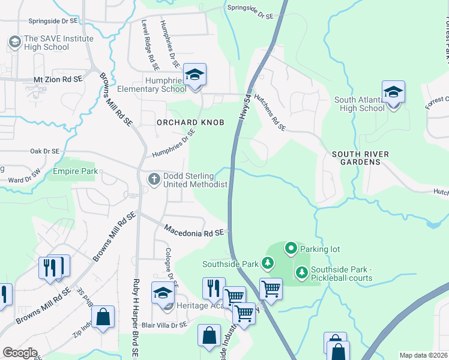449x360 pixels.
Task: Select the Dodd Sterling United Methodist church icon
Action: pyautogui.click(x=154, y=179)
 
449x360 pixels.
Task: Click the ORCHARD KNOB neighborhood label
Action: pyautogui.click(x=190, y=122)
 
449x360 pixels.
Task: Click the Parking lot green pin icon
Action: pyautogui.click(x=291, y=247)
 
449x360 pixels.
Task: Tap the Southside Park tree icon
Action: pyautogui.click(x=267, y=263)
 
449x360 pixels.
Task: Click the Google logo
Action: pyautogui.click(x=20, y=353)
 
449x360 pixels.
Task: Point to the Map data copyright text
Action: pyautogui.click(x=424, y=355)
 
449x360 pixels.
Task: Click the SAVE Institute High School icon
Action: pyautogui.click(x=14, y=42)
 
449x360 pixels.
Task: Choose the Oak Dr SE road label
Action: pyautogui.click(x=44, y=152)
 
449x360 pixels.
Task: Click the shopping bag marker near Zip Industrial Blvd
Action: pyautogui.click(x=103, y=318)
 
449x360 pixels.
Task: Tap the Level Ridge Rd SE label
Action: pyautogui.click(x=145, y=41)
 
